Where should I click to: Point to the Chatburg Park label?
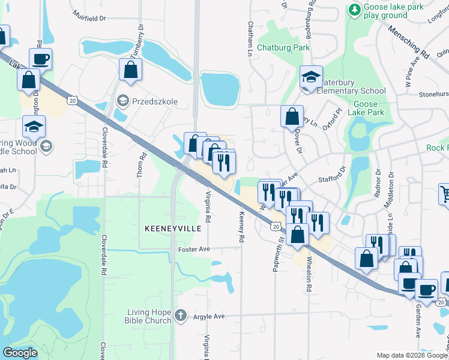[x=283, y=47]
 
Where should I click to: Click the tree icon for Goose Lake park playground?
[x=355, y=10]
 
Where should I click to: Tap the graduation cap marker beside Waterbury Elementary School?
[x=311, y=77]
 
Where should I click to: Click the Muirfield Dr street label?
[x=89, y=18]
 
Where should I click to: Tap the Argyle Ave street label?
[x=208, y=316]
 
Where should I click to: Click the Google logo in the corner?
[x=20, y=353]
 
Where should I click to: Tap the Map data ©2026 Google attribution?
[x=411, y=355]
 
